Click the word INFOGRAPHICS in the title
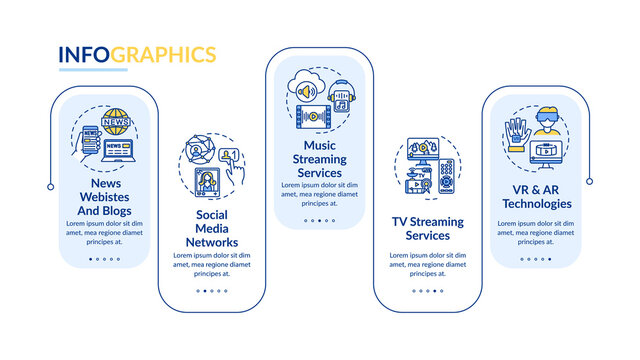[x=137, y=53]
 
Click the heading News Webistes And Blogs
[x=103, y=198]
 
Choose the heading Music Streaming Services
[x=320, y=158]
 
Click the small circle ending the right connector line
[x=589, y=181]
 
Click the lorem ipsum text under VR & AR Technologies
[x=535, y=229]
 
